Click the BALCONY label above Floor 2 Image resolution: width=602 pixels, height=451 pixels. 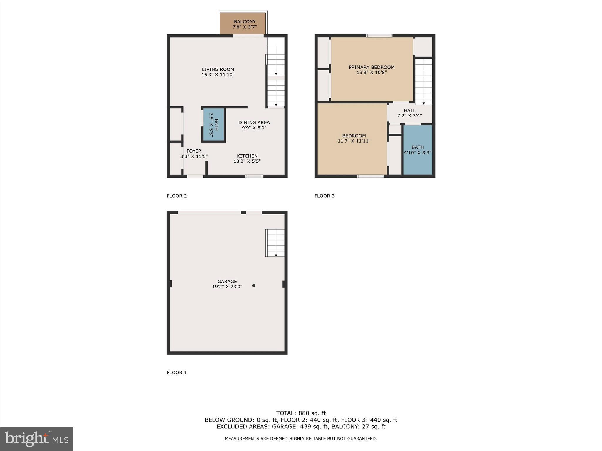coord(245,22)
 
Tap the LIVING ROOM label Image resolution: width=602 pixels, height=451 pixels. coord(218,70)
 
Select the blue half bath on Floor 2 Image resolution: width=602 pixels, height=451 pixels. coord(214,125)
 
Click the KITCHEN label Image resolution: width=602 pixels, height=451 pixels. coord(247,156)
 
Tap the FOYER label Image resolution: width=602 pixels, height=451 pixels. coord(194,151)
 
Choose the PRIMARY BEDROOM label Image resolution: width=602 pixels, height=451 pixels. coord(372,67)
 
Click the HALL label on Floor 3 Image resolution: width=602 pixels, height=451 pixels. coord(409,110)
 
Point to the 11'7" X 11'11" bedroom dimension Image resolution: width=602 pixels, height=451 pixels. coord(354,141)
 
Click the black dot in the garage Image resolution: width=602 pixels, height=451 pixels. coord(254,285)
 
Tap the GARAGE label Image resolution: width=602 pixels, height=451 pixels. coord(227,281)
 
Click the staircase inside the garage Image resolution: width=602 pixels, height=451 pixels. coord(275,243)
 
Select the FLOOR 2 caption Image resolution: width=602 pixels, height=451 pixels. coord(177,196)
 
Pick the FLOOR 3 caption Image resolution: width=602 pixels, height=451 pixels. coord(325,196)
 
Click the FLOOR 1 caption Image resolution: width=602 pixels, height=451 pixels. coord(177,373)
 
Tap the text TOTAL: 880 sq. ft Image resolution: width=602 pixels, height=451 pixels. coord(301,413)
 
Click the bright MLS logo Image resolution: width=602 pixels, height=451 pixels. coord(37,439)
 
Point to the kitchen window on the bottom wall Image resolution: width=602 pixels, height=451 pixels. coord(254,176)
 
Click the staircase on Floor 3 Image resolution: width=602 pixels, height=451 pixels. coord(424,81)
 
